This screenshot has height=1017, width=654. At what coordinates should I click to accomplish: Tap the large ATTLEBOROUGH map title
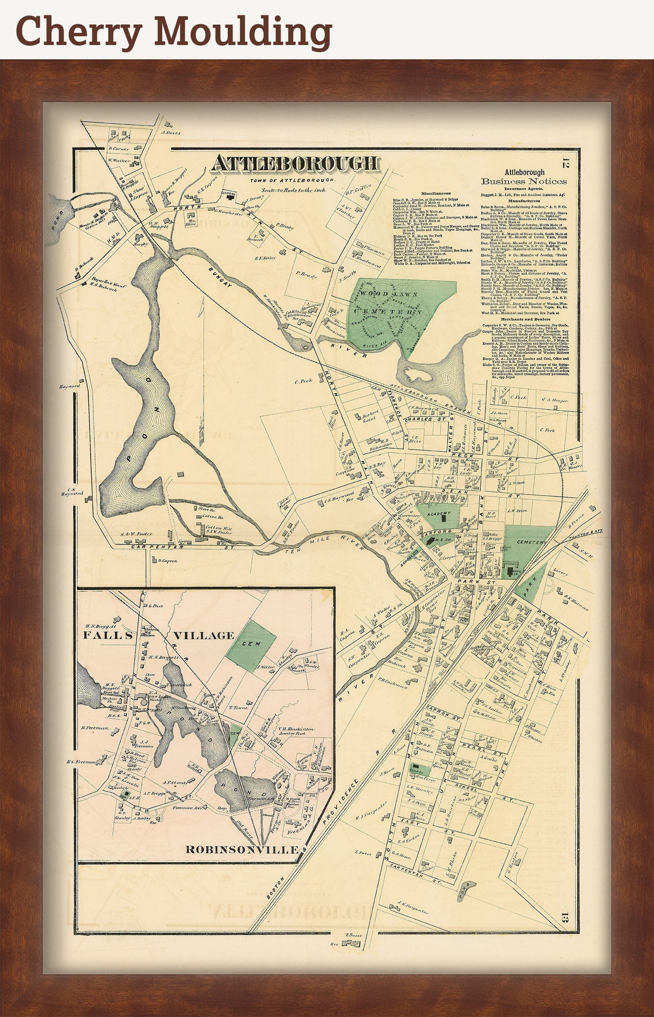click(295, 164)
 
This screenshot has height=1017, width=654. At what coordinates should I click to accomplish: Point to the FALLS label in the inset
click(107, 635)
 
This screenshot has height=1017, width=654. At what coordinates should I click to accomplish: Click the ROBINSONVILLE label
click(242, 849)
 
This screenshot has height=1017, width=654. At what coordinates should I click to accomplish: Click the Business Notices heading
click(524, 181)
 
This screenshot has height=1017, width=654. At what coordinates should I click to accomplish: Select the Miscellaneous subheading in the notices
click(435, 193)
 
